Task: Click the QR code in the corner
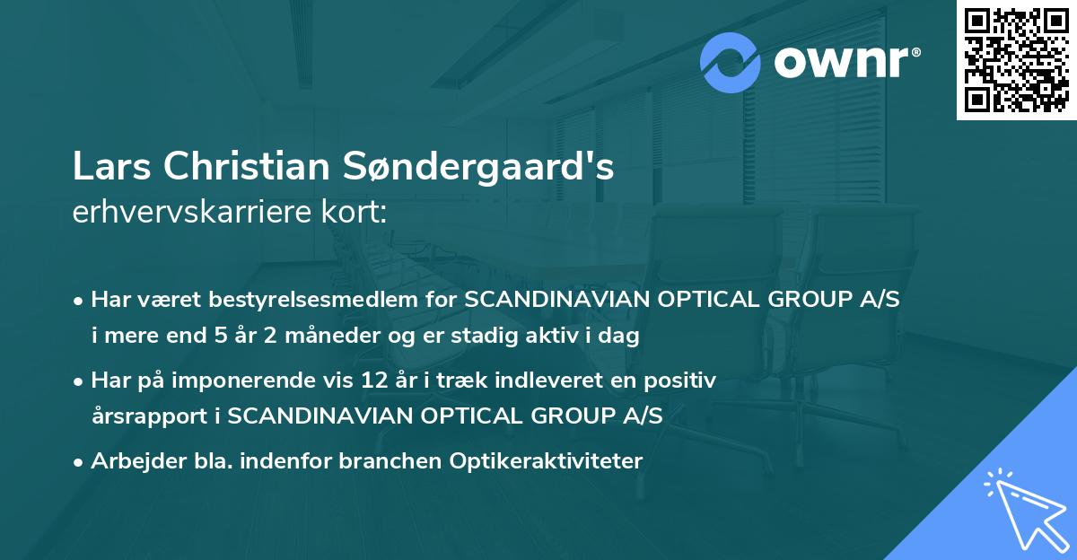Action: [x=1016, y=60]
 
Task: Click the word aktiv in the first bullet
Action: [x=577, y=337]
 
